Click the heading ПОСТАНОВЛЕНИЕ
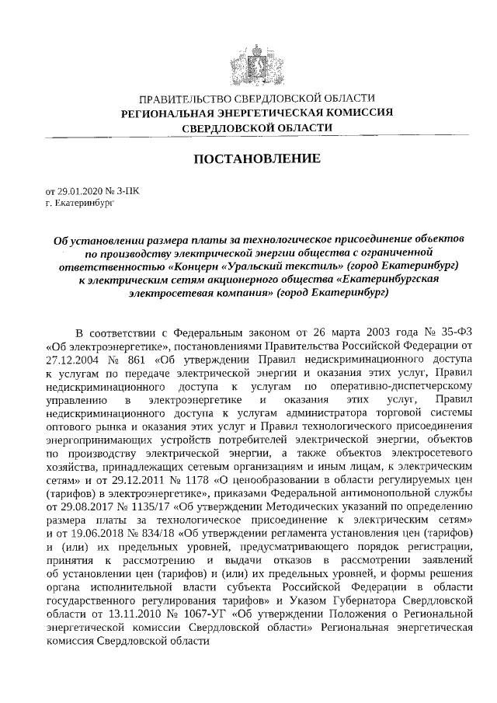[x=256, y=159]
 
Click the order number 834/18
[x=160, y=535]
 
